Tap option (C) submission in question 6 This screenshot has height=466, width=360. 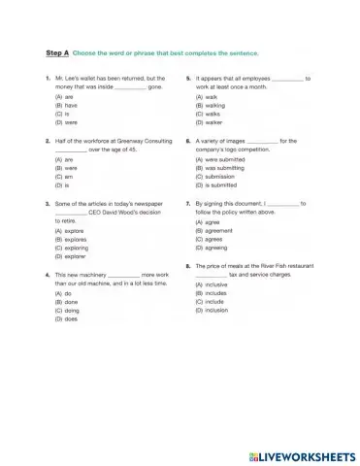coord(218,176)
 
